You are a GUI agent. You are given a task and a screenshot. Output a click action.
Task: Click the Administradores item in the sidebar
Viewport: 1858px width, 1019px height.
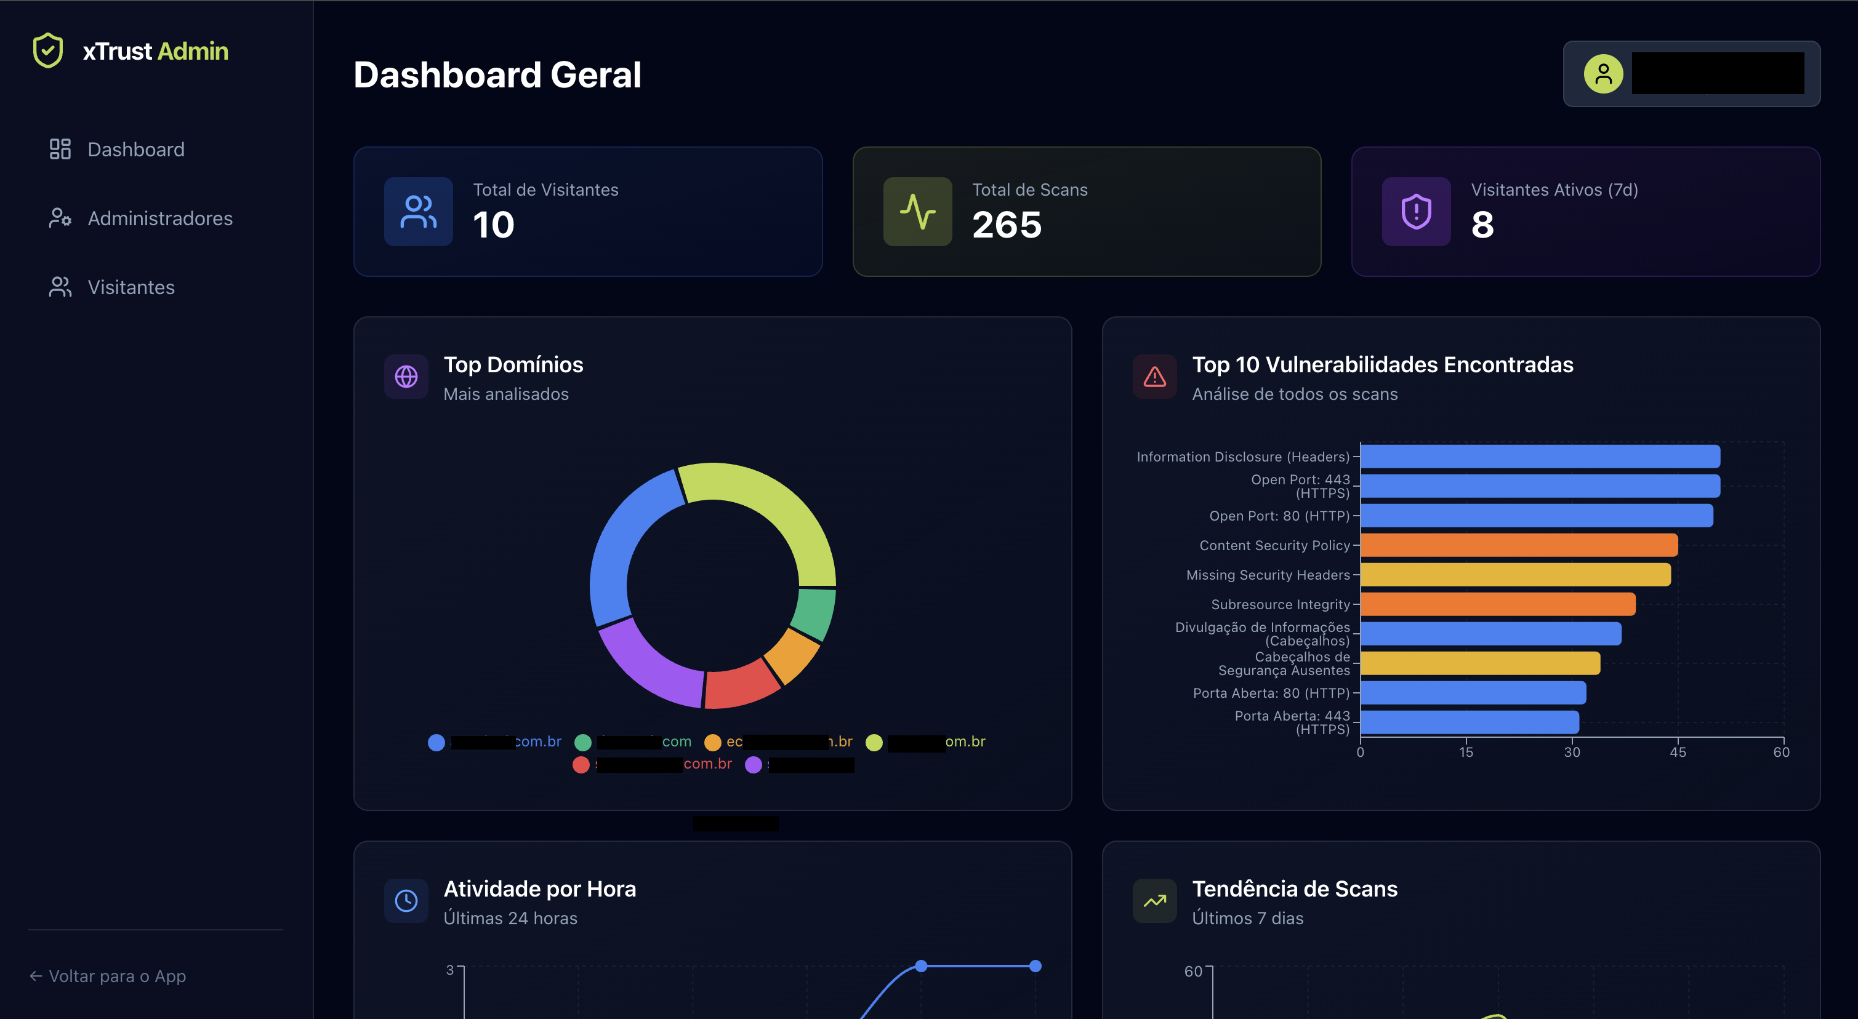click(x=159, y=218)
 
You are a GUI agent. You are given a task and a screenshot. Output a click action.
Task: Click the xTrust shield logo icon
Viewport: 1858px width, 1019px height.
click(x=48, y=50)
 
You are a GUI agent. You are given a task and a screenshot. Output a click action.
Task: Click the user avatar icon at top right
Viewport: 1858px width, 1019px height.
click(x=1603, y=74)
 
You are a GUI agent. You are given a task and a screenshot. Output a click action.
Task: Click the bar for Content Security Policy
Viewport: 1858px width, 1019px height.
click(x=1518, y=545)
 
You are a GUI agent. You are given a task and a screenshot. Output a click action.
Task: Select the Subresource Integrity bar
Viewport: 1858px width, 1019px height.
click(x=1497, y=604)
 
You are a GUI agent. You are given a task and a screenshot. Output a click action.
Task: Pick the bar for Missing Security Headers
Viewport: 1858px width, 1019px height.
click(x=1514, y=575)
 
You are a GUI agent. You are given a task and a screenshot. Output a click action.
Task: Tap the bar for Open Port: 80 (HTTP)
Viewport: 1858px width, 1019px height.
click(x=1536, y=516)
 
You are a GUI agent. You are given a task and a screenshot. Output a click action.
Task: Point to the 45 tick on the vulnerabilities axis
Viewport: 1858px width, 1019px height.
click(x=1678, y=752)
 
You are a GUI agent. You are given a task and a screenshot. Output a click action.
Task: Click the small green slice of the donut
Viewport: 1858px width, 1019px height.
click(x=814, y=613)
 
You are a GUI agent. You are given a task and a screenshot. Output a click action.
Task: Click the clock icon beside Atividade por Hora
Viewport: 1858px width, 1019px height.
click(x=406, y=901)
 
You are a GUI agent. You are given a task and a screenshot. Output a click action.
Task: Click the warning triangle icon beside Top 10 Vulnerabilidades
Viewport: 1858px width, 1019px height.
click(x=1155, y=377)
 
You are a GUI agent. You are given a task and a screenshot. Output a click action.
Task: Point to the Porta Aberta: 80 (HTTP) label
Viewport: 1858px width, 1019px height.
click(x=1271, y=693)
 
